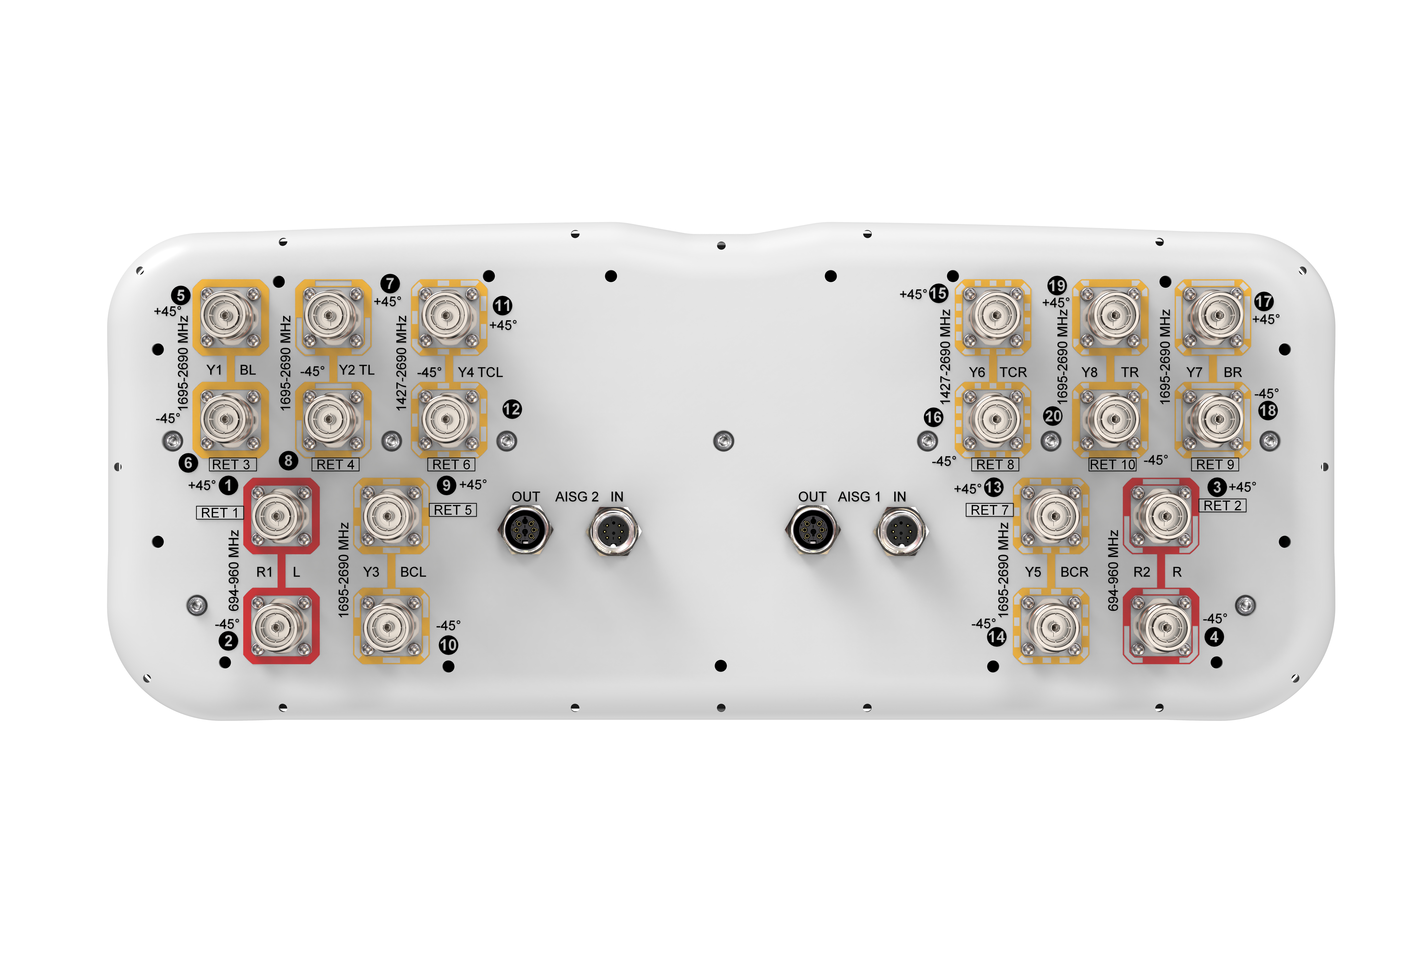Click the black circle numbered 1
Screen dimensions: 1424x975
click(x=229, y=485)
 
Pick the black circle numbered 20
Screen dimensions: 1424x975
click(x=1053, y=416)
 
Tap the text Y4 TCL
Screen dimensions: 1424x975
click(x=480, y=372)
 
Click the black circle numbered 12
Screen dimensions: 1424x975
click(x=512, y=409)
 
